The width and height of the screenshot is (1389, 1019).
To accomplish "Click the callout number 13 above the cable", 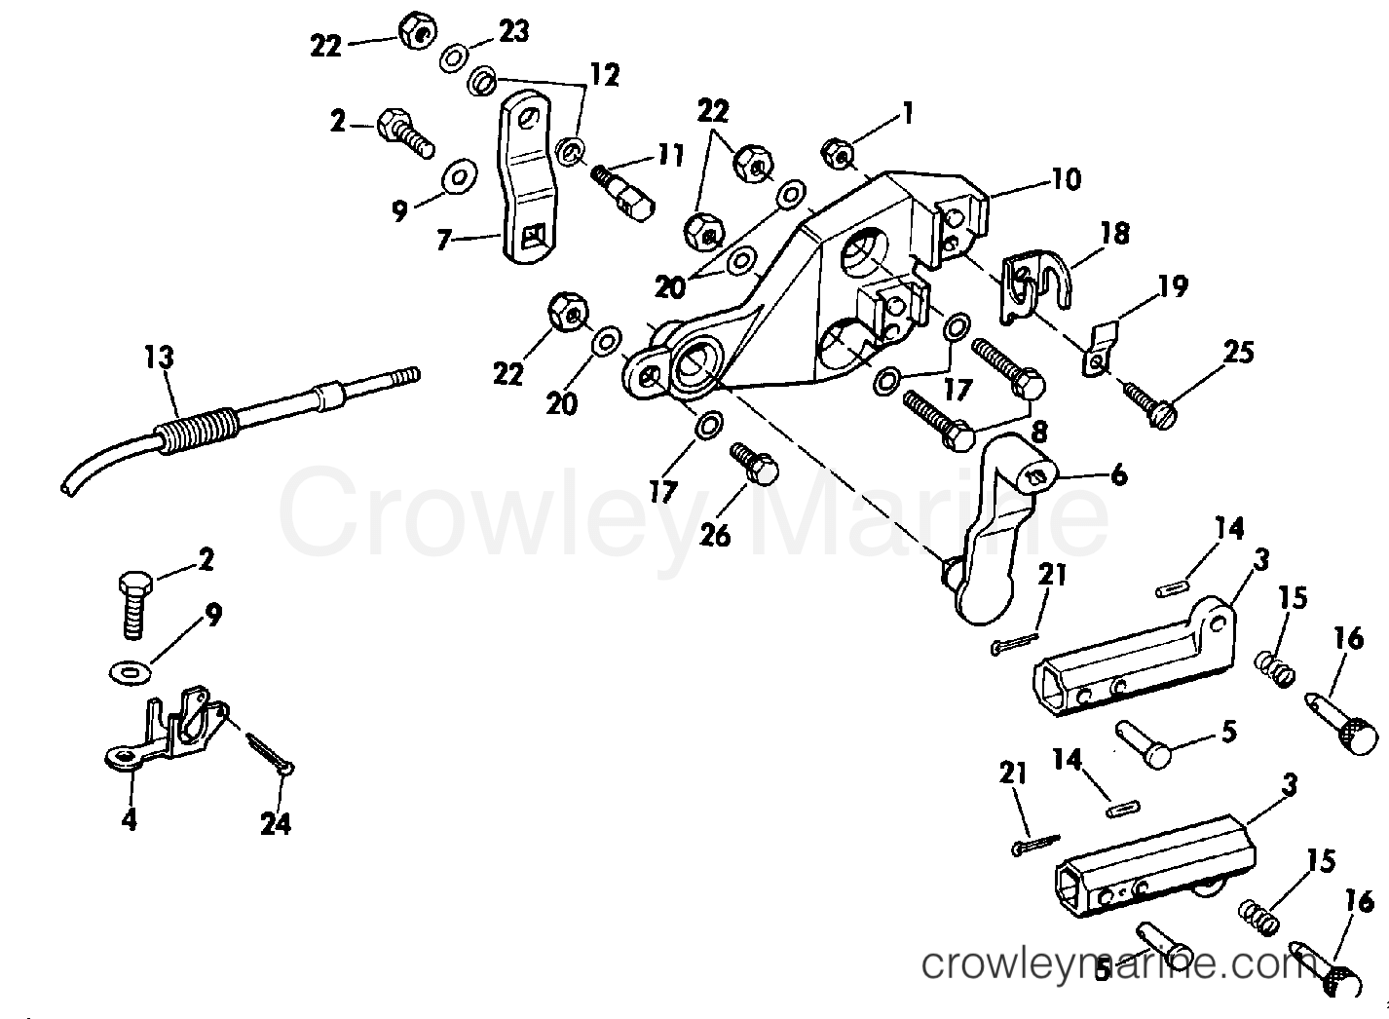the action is (x=160, y=358).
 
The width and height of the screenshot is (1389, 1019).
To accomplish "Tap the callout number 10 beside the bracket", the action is (x=1067, y=179).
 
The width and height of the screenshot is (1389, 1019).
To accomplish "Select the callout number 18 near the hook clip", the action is (x=1115, y=234).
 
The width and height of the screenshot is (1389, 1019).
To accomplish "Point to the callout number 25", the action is (x=1238, y=352).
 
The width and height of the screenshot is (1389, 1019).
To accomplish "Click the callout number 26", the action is (x=716, y=535).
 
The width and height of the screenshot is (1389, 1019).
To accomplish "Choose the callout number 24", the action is (x=276, y=824).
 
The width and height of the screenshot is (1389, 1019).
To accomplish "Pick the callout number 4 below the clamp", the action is (x=129, y=820).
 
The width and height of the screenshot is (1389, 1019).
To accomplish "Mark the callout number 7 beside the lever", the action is (x=442, y=240).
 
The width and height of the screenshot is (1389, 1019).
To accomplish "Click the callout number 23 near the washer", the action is (x=513, y=31).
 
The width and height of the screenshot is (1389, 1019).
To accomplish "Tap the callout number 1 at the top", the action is (x=907, y=114).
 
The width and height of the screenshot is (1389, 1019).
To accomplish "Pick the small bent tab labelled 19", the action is (x=1101, y=348).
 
